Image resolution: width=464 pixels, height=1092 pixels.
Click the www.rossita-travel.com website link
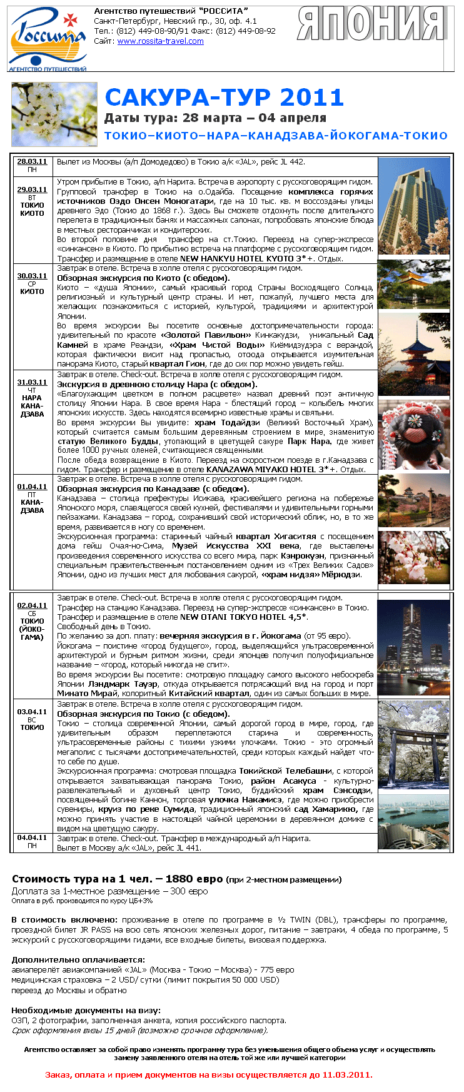coord(160,41)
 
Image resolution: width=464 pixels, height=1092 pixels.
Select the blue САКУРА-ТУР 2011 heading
coord(224,97)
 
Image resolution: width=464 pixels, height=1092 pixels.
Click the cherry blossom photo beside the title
coord(54,114)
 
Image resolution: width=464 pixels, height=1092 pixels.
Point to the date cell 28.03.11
coord(32,161)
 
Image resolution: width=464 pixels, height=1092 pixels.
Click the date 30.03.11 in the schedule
coord(32,276)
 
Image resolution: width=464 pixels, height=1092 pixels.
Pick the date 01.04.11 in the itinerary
coord(32,487)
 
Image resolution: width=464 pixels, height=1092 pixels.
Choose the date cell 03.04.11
coord(32,712)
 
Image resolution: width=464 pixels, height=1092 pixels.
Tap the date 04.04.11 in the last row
coord(32,837)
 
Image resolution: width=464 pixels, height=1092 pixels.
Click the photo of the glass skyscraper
coord(414,206)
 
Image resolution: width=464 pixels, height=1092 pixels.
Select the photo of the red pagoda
coord(414,353)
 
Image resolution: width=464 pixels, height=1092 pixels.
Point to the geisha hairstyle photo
coord(414,435)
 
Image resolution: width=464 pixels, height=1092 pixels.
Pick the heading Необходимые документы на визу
coord(86,1010)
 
